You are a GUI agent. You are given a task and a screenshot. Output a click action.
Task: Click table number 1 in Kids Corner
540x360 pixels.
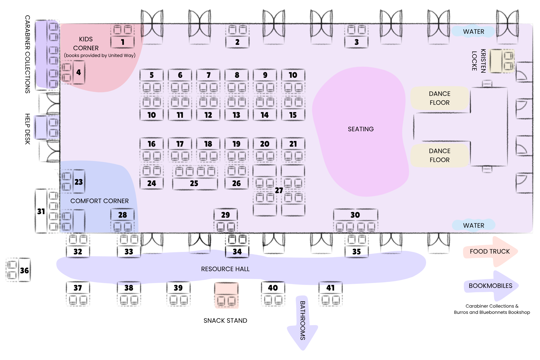pos(123,42)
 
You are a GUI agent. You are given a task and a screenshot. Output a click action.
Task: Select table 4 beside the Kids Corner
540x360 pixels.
pos(79,72)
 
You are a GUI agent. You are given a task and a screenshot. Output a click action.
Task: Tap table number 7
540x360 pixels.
pos(208,75)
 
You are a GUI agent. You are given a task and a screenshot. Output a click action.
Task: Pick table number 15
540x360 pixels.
pos(293,115)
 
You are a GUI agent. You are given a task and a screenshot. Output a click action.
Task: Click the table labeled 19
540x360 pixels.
pos(237,144)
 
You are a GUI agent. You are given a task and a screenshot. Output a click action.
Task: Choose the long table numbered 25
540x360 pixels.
pos(195,183)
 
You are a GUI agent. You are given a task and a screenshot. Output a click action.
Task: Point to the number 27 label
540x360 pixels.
pos(279,190)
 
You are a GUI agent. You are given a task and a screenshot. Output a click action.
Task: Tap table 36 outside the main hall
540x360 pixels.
pos(24,270)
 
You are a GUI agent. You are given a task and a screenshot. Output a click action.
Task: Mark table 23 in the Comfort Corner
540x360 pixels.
pos(79,181)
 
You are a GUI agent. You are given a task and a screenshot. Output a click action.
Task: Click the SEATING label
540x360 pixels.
pos(361,129)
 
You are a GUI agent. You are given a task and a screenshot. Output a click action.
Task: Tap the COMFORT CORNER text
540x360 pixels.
pos(99,201)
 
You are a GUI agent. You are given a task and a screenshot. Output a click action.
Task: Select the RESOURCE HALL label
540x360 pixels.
pos(225,269)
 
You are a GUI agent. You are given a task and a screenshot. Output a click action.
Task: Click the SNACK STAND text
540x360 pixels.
pos(225,321)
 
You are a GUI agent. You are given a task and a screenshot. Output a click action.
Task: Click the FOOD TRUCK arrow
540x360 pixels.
pos(491,252)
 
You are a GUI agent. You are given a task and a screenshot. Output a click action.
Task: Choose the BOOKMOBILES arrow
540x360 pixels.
pos(491,286)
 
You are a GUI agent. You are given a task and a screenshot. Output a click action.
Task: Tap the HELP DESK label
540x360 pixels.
pos(28,129)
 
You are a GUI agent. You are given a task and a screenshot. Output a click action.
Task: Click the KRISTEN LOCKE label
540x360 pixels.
pos(479,61)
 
